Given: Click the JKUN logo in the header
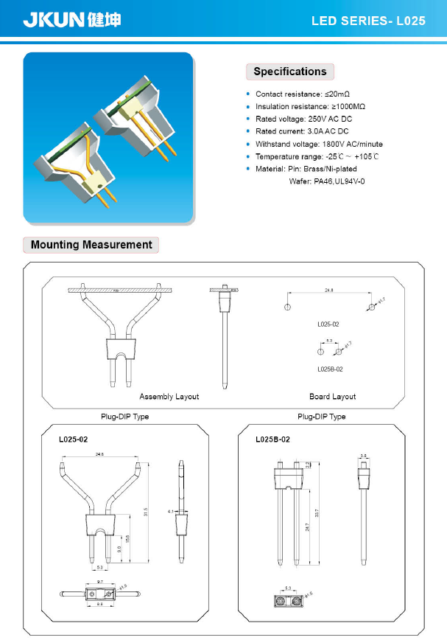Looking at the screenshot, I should click(71, 19).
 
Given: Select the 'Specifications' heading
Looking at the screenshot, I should click(289, 72).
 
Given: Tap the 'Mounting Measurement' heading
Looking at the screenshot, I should click(91, 245).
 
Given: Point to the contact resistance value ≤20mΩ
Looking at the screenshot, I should click(337, 94).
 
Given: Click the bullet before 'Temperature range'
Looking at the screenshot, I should click(248, 156).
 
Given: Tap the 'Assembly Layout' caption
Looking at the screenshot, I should click(169, 397).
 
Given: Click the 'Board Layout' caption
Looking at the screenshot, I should click(332, 397).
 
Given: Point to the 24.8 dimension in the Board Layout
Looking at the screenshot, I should click(328, 291).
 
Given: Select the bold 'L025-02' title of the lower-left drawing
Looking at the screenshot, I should click(74, 439).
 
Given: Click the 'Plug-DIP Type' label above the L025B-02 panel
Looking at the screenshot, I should click(321, 417).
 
